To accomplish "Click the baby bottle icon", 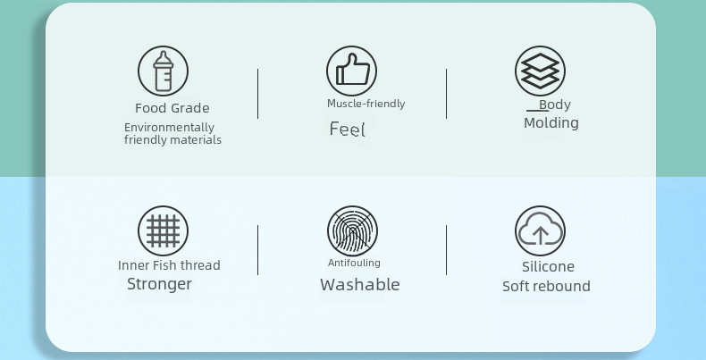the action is (163, 71).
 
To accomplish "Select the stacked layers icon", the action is (541, 71).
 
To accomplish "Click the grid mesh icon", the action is (163, 230).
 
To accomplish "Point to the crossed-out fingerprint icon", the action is (352, 230).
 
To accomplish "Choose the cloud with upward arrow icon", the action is (541, 230).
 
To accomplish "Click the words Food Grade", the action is (172, 108).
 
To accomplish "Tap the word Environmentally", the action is (169, 128).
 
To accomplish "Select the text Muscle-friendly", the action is (366, 104).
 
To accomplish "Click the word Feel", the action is (347, 130).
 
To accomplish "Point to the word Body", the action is (555, 105).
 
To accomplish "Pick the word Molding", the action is (551, 123).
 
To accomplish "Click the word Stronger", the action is (159, 284).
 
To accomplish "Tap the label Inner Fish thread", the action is (169, 265).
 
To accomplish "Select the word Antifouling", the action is (355, 263).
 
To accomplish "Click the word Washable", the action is (360, 284).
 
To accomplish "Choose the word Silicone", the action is (548, 267).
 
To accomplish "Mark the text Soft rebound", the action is (546, 286).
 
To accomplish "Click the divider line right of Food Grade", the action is (258, 94).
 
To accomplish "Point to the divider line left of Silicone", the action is (447, 250).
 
